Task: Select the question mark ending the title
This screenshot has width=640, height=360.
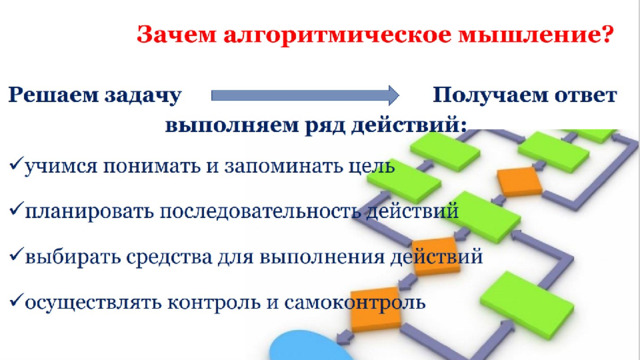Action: coord(607,33)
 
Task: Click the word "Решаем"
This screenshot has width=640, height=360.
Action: coord(54,96)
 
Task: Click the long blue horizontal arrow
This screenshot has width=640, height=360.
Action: coord(305,96)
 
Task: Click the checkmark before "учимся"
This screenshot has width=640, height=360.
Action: coord(16,164)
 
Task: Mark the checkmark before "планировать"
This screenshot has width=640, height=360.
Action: coord(16,209)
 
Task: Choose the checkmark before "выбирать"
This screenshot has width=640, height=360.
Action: coord(16,255)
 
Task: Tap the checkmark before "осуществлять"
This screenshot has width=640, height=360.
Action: coord(16,301)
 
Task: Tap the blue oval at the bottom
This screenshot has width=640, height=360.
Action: coord(311,347)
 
